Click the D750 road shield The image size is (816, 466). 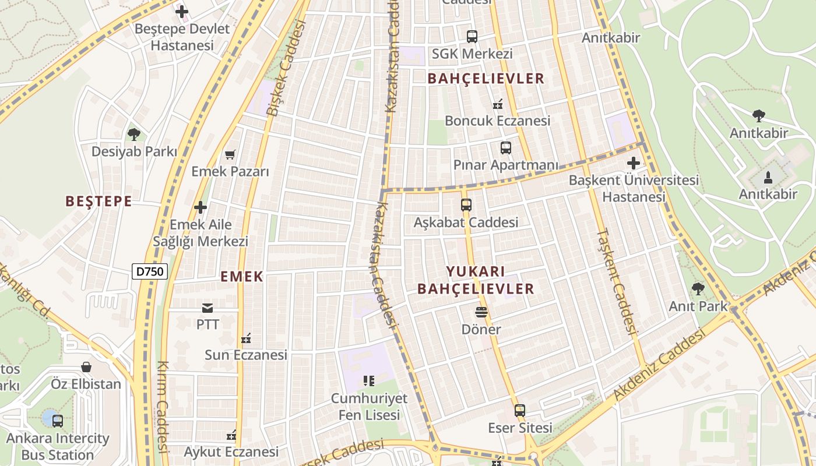(150, 271)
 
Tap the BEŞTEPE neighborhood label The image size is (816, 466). (99, 202)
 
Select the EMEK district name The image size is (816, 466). (242, 277)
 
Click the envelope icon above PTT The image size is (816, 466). (207, 308)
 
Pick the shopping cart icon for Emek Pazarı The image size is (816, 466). (230, 155)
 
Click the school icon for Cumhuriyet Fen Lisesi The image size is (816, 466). (368, 382)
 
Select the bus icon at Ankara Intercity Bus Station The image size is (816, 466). (57, 421)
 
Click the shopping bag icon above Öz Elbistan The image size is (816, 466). (86, 367)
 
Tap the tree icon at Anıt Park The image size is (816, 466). (698, 289)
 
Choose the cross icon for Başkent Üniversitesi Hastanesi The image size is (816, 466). (634, 163)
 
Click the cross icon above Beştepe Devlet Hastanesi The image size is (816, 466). (182, 11)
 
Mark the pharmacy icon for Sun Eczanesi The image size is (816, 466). (246, 338)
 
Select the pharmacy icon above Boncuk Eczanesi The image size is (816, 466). (498, 104)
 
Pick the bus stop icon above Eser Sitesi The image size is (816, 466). (520, 411)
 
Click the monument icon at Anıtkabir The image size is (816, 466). (768, 177)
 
